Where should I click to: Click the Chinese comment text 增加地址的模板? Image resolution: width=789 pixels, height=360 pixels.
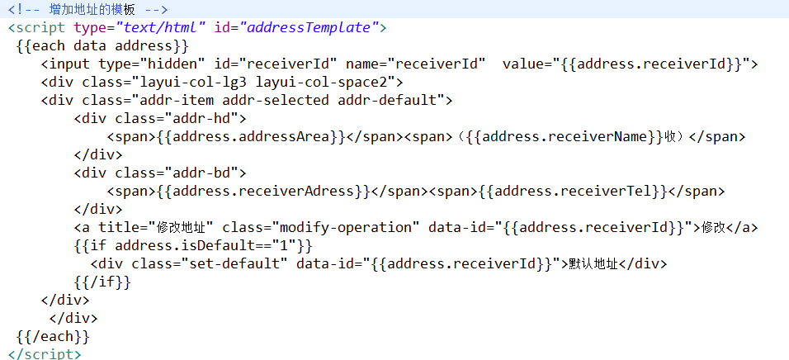coord(92,9)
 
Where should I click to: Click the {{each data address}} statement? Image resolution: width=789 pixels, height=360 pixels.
coord(102,45)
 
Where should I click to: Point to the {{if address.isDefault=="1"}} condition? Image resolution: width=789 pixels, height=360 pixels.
coord(193,245)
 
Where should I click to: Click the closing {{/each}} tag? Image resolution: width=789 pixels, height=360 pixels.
coord(52,336)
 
